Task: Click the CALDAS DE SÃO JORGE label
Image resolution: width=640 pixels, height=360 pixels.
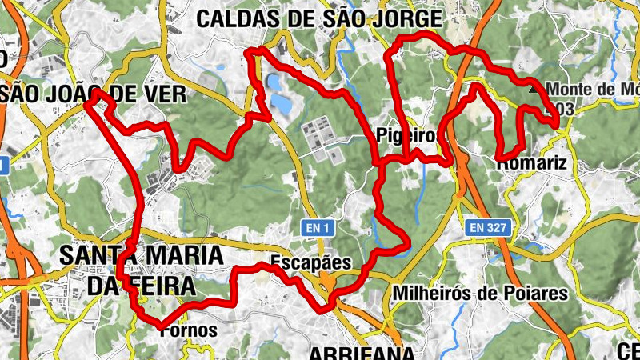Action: (x=318, y=18)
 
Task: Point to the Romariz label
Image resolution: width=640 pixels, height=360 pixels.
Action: (x=531, y=163)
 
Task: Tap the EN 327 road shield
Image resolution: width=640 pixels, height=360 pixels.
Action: (x=487, y=228)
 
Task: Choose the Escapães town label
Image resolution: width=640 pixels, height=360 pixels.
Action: (x=310, y=262)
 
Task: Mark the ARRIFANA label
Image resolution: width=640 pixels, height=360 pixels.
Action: (x=362, y=353)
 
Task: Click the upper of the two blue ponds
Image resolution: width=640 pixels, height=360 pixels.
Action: (x=274, y=83)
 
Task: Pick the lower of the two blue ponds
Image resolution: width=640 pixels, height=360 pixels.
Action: (x=281, y=103)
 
